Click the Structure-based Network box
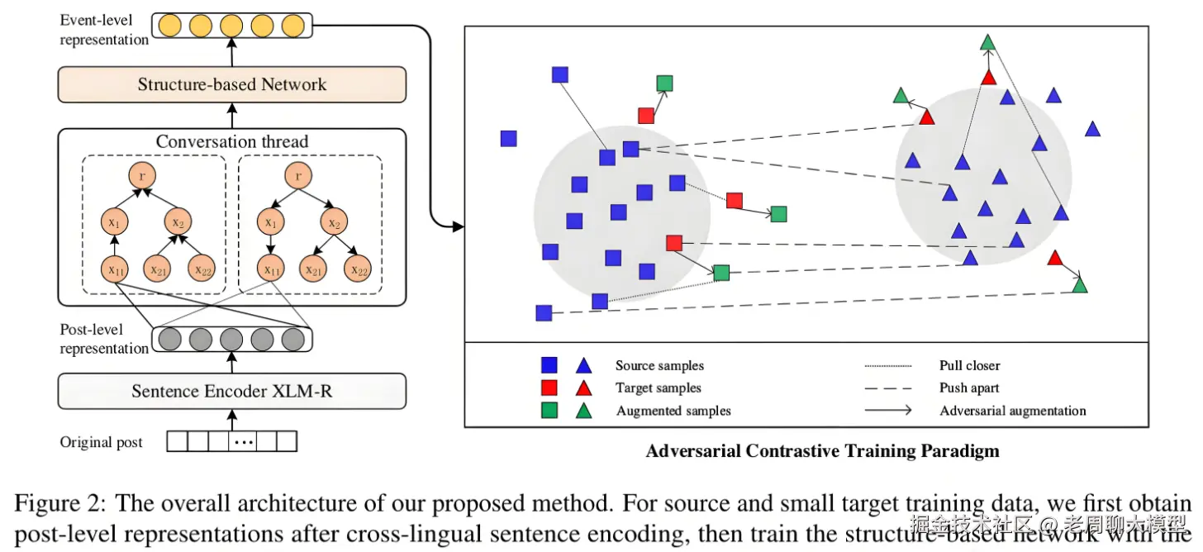231,84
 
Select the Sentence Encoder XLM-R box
231,391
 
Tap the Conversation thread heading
231,141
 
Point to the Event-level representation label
104,29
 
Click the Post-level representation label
104,339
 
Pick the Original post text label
101,442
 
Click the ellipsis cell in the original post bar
242,442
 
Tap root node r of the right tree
299,176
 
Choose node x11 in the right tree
269,269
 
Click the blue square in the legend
549,365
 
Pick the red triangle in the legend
583,388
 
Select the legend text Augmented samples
673,411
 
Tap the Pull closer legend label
969,365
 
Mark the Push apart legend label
969,388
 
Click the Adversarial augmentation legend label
1012,411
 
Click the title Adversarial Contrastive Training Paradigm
822,451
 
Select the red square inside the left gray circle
674,243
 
